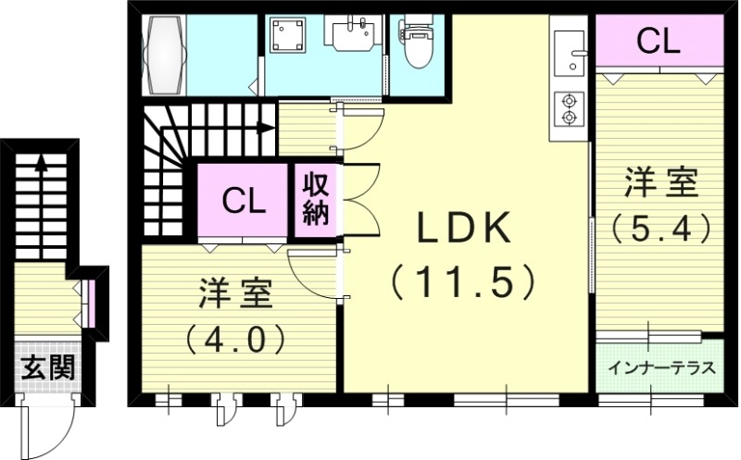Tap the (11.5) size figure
pos(463,280)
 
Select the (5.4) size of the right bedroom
pos(660,225)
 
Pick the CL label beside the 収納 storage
pos(244,200)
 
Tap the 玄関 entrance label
pos(45,367)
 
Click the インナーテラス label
pos(661,367)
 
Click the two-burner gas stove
pos(566,108)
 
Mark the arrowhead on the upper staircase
pos(269,128)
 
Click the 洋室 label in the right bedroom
pos(660,182)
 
